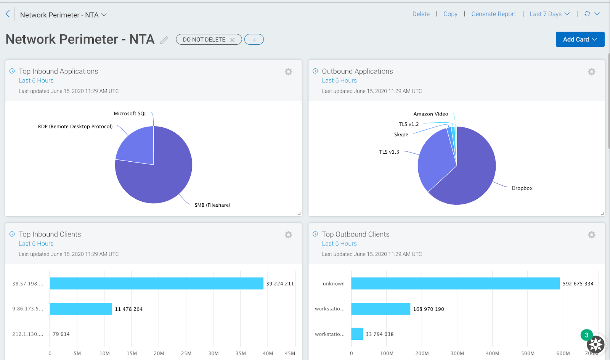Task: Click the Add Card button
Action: coord(580,39)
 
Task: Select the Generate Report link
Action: coord(493,14)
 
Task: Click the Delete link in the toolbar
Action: coord(421,14)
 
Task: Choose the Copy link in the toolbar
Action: coord(450,14)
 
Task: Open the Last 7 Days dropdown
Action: coord(549,14)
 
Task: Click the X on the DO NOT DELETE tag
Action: coord(232,40)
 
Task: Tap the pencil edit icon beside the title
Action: coord(164,40)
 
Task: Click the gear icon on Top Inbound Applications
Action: coord(289,72)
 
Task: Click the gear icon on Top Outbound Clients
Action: coord(591,235)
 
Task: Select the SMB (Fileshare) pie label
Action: coord(212,205)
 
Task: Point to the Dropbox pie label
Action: coord(522,188)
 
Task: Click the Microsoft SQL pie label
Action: coord(130,114)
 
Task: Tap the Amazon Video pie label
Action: coord(431,114)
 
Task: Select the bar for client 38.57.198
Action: coord(156,283)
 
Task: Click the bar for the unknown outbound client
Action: coord(455,283)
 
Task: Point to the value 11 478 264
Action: coord(129,309)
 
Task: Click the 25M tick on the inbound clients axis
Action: coord(186,354)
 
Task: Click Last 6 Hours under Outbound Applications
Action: coord(339,80)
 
